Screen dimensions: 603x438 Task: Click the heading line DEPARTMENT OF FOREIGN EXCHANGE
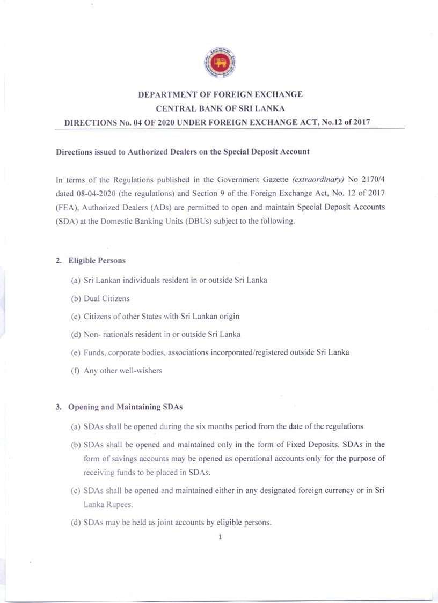(221, 95)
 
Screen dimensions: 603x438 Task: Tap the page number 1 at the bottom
(220, 535)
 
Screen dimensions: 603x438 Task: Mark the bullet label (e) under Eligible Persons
(76, 352)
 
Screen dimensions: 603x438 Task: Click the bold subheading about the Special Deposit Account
(183, 152)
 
